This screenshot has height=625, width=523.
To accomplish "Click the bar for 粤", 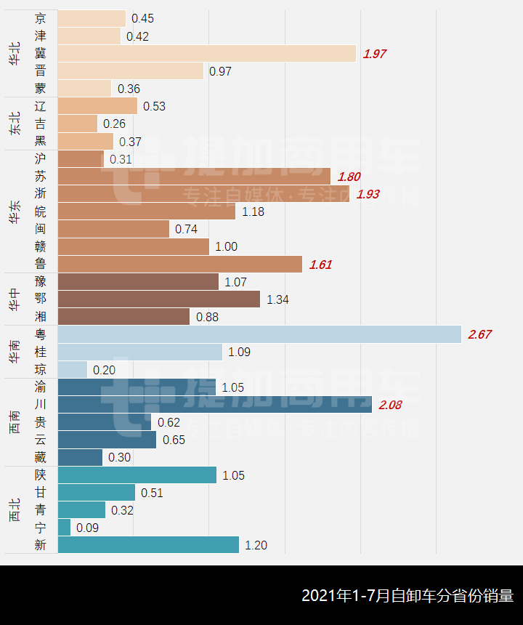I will tap(259, 334).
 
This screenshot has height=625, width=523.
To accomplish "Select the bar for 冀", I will tap(207, 54).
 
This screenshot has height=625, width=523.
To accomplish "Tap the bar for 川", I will tap(214, 405).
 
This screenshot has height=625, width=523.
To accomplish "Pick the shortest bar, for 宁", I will tap(64, 528).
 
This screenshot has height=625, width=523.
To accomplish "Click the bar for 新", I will tap(148, 545).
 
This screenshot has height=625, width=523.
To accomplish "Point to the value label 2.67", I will tap(480, 334).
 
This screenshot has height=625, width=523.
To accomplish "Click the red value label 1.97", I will tap(375, 54).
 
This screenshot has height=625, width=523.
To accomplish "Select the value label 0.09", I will tap(87, 528).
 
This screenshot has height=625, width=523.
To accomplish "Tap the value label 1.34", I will tap(278, 299).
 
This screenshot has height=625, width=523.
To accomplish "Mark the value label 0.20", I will tap(104, 370).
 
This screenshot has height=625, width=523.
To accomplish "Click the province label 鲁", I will tap(40, 265).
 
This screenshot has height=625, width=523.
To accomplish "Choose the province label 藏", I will tap(40, 457).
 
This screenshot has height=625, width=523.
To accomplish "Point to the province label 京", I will tap(40, 18).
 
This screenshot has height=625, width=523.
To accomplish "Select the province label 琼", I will tap(40, 370).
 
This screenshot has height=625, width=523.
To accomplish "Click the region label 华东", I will tap(15, 211).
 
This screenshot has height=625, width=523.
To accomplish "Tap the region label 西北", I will tap(15, 510).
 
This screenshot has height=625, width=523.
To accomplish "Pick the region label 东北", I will tap(15, 124).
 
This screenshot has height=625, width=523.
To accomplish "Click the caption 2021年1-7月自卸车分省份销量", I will tap(408, 596).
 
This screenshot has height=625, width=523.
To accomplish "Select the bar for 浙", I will tap(203, 194).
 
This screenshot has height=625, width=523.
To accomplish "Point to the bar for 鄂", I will tap(158, 299).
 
